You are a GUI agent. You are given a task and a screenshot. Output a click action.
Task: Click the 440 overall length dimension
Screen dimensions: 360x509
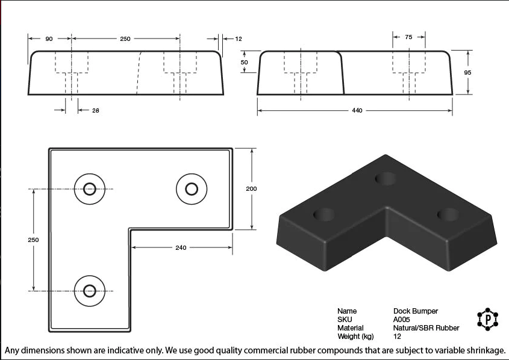point(357,111)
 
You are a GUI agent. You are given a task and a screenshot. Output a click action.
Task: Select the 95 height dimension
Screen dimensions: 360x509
point(467,72)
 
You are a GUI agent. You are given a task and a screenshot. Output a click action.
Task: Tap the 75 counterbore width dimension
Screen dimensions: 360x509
point(408,37)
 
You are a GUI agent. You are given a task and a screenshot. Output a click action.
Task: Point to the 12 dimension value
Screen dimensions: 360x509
point(238,39)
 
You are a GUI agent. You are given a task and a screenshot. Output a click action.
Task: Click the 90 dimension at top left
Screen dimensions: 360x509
point(49,39)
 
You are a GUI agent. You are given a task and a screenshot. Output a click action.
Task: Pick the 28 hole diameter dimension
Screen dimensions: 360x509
point(96,110)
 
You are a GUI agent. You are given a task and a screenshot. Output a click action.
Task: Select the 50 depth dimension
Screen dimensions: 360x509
point(245,62)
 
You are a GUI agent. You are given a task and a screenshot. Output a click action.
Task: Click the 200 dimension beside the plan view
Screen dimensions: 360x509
point(251,189)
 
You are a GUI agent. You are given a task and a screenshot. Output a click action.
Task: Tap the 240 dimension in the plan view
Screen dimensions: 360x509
point(181,247)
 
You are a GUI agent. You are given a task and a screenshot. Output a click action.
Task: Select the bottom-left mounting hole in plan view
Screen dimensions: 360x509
point(90,290)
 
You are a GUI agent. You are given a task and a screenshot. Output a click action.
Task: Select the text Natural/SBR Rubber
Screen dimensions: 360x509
point(426,328)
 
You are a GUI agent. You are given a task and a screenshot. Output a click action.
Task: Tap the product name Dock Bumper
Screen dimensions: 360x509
point(416,311)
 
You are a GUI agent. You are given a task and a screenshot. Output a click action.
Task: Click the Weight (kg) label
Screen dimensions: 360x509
point(355,337)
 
